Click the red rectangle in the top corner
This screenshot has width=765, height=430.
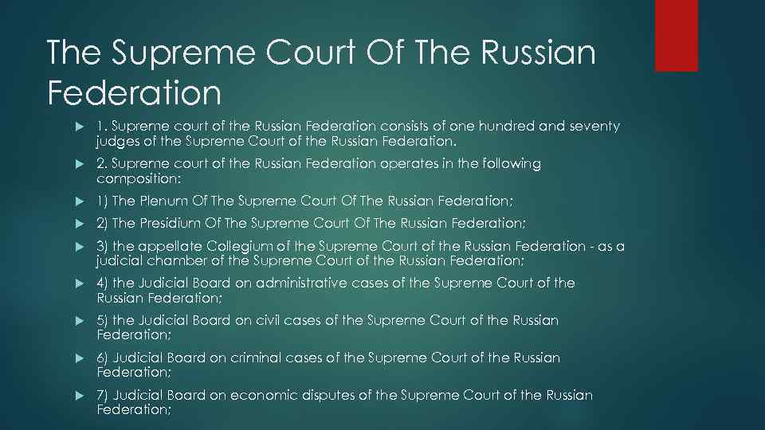pos(676,35)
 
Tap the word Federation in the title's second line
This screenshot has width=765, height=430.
pos(134,92)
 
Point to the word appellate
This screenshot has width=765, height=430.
pos(172,246)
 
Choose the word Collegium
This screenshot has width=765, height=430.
pos(239,246)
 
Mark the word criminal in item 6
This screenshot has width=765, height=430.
pos(256,358)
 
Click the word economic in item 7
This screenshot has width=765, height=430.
pos(269,396)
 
